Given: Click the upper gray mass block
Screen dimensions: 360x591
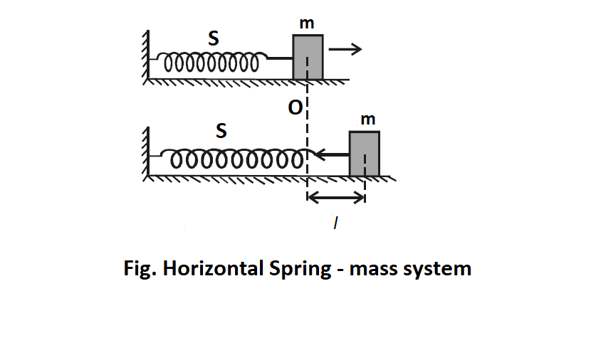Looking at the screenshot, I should coord(308,57).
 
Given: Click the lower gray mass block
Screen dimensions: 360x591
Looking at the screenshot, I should coord(364,153).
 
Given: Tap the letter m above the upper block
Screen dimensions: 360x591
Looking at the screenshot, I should coord(308,25).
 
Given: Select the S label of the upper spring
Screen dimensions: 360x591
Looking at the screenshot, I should coord(213,40).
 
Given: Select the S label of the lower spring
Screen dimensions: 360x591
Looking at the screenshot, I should coord(221,131).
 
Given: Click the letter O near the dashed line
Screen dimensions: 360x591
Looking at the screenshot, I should coord(293,108).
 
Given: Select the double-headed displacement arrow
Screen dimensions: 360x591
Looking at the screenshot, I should coord(335,197).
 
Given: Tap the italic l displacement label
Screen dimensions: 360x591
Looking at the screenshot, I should coord(335,223).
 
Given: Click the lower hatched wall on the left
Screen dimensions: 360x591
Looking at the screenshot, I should coord(145,152).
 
